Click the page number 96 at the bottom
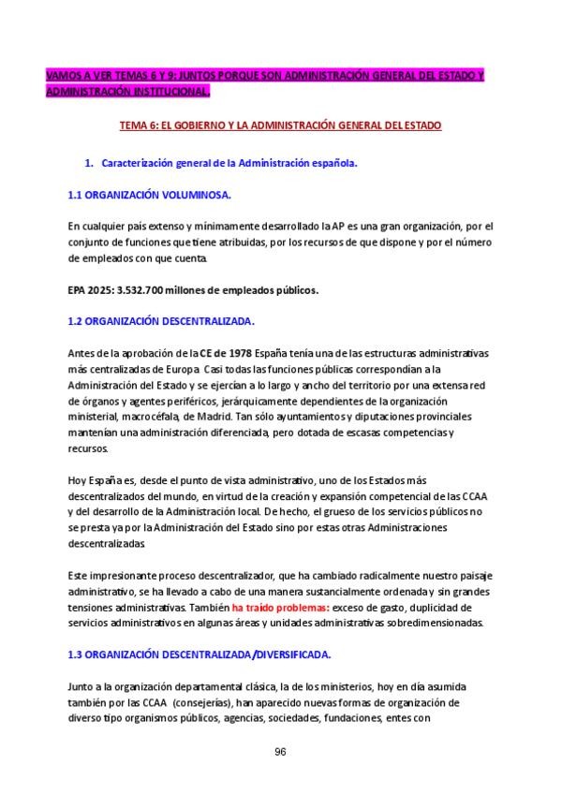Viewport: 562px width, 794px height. (x=280, y=752)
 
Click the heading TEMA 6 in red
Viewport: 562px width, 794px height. (x=281, y=125)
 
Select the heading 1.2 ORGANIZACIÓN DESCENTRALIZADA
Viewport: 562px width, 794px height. (x=161, y=320)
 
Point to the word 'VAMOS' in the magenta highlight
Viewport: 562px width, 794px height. (x=65, y=76)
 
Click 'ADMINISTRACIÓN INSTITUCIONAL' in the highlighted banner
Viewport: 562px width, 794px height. (x=127, y=92)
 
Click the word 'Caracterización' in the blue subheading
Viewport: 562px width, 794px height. (x=141, y=162)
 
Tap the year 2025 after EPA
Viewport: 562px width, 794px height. (x=103, y=289)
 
